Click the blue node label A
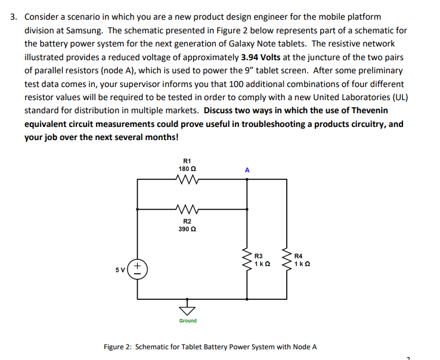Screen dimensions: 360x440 247,170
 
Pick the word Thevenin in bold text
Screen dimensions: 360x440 366,111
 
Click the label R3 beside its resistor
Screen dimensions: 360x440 259,256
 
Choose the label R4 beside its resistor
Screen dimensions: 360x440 300,256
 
